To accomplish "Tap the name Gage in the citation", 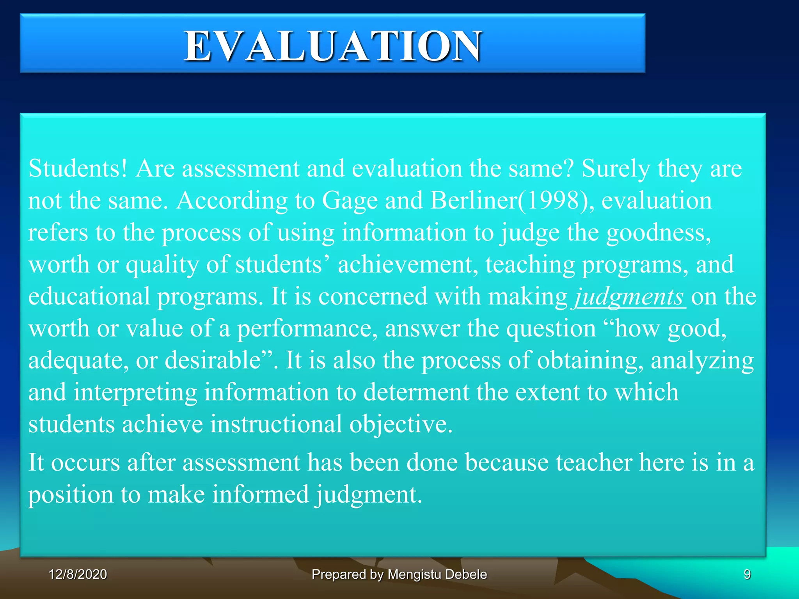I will tap(350, 201).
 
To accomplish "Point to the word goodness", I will tap(658, 233).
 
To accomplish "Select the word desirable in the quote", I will tap(213, 360).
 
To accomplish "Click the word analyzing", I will tap(702, 360).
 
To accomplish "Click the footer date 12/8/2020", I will tap(78, 574).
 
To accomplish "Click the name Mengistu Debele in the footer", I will tap(437, 574).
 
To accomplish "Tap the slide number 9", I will tap(747, 574).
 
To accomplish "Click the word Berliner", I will tap(474, 201).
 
